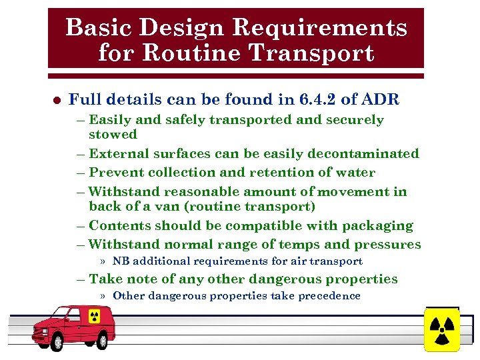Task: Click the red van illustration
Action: pyautogui.click(x=73, y=327)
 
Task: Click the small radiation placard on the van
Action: pyautogui.click(x=94, y=315)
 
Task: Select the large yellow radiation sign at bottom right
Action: pyautogui.click(x=441, y=329)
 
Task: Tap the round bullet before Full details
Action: pyautogui.click(x=57, y=101)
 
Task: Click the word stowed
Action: pyautogui.click(x=113, y=134)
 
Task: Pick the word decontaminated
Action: pyautogui.click(x=363, y=153)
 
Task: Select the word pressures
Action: pyautogui.click(x=386, y=244)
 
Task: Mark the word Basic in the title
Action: pyautogui.click(x=93, y=28)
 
